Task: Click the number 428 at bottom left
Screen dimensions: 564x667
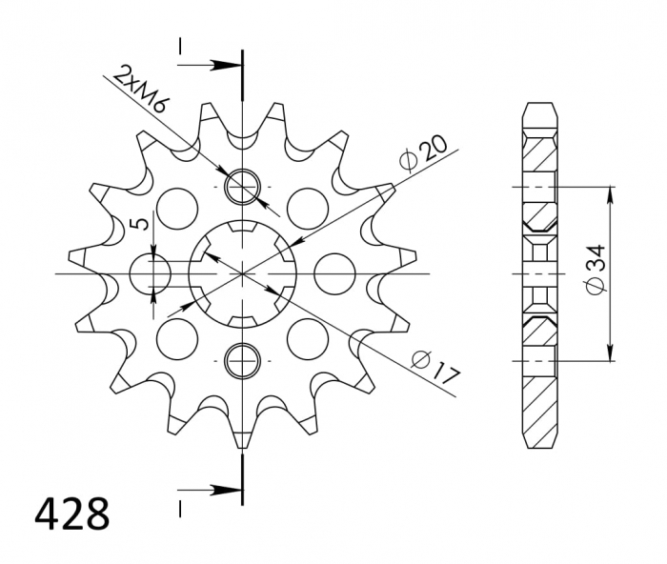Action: coord(72,514)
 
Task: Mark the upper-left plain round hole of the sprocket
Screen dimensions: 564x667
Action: coord(176,205)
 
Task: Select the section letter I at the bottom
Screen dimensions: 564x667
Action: coord(178,504)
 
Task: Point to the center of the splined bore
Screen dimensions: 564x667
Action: coord(243,273)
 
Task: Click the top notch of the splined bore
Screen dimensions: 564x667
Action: coord(243,230)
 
